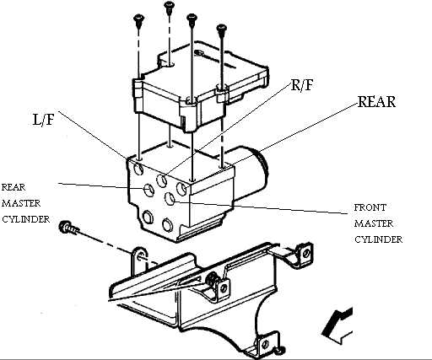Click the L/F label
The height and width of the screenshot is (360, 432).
point(44,120)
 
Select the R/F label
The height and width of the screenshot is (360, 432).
point(302,84)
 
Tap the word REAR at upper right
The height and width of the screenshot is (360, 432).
point(376,101)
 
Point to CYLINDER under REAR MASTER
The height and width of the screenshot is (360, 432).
point(26,219)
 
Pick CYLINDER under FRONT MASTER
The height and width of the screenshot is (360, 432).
point(378,239)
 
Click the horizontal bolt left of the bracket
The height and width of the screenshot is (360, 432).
point(68,228)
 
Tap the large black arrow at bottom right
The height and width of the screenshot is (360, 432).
point(337,325)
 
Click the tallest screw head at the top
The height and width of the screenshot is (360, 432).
point(169,5)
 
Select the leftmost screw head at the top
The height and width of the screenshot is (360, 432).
point(138,19)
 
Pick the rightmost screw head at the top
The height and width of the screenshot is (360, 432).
point(222,28)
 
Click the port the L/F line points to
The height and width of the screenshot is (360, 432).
point(138,169)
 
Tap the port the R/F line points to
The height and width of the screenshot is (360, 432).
point(162,180)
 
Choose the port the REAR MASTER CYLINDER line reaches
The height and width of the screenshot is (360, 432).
point(148,190)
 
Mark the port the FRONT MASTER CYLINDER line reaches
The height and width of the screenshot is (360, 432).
point(170,199)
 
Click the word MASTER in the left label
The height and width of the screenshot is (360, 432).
point(21,203)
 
